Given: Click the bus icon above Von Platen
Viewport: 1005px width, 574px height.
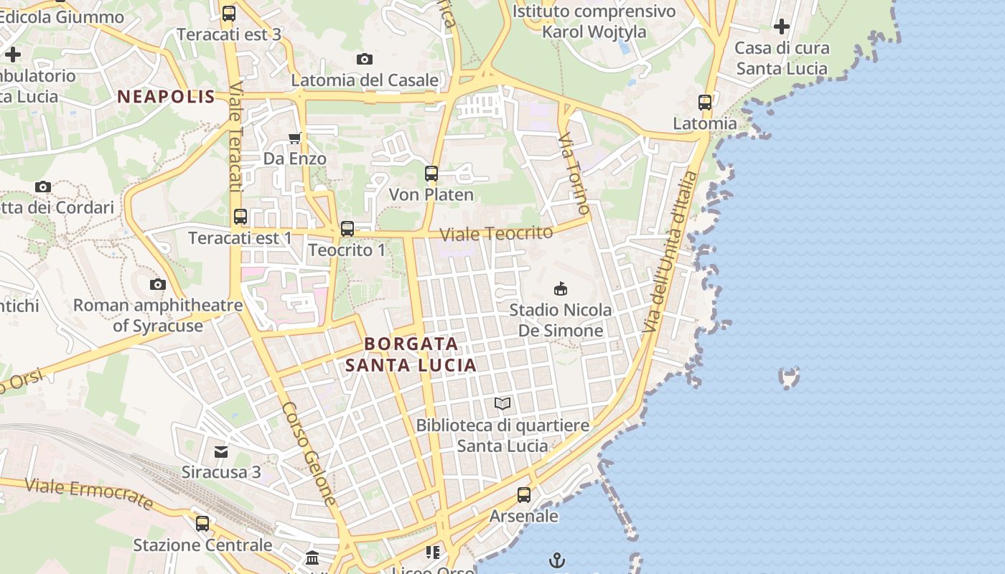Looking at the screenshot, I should pos(431,174).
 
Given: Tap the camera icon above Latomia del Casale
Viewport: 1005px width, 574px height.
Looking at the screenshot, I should pos(365,59).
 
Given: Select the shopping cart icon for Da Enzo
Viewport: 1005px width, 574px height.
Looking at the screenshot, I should pos(294,138).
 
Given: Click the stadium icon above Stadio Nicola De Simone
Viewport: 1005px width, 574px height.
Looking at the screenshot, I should pos(560,289).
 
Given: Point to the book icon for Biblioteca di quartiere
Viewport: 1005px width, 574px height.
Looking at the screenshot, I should pos(502,404).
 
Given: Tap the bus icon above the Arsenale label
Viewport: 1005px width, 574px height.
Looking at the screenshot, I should pos(524,495).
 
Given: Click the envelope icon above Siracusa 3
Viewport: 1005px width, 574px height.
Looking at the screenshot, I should pos(221,452).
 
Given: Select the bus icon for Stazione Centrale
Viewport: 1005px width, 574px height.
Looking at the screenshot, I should pos(202,524).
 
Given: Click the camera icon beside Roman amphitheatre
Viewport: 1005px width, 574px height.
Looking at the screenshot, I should pos(158,285).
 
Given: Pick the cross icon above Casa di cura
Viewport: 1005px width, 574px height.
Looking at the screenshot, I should pos(782,27).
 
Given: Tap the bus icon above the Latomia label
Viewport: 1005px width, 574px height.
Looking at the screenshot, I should pos(705,103).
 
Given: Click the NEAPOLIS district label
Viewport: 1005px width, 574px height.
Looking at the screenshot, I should pos(166,97).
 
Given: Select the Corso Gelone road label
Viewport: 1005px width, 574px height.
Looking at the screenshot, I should pos(309,453).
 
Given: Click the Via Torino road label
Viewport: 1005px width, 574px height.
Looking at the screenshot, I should pos(574,173).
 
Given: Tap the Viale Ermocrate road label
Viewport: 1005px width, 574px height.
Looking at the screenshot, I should pos(89,493).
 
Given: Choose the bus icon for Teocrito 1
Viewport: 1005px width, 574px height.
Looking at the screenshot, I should pos(347,229).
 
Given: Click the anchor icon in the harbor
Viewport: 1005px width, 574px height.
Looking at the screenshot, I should pos(557,560).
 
